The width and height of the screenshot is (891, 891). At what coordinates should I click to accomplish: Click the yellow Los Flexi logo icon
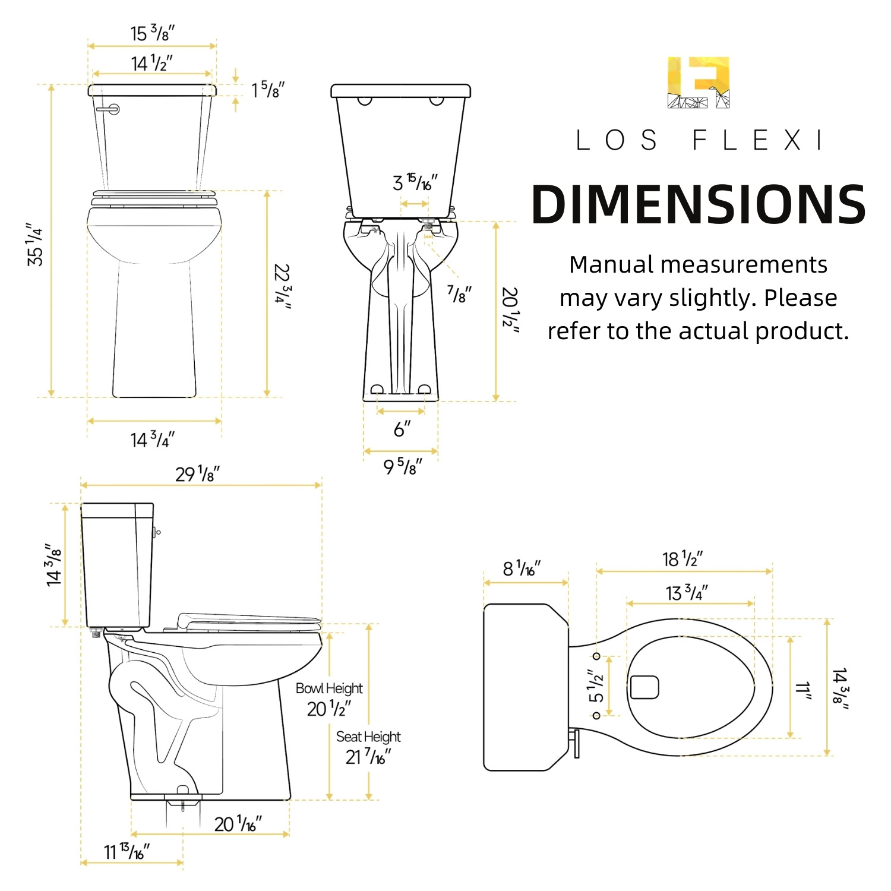coord(699,82)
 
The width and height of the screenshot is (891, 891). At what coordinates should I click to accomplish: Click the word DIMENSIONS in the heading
coord(699,205)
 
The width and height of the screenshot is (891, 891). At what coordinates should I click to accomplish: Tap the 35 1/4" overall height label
coord(35,244)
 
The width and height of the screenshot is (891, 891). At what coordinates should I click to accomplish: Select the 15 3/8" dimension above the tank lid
coord(153,33)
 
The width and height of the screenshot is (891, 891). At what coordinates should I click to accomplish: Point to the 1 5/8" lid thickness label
coord(268,90)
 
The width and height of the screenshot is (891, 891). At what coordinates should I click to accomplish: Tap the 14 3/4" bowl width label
coord(153,440)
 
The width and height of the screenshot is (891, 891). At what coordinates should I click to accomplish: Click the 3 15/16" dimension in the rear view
coord(415,182)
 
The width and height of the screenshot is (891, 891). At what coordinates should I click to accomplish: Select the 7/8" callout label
coord(459,293)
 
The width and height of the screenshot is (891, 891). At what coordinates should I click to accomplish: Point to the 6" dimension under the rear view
coord(402,428)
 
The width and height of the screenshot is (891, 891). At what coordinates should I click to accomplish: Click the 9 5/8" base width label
coord(402,466)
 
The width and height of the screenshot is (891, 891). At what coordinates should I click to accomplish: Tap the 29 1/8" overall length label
coord(197,474)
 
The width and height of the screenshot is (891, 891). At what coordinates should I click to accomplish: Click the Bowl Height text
coord(329,688)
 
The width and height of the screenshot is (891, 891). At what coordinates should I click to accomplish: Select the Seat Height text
coord(368,737)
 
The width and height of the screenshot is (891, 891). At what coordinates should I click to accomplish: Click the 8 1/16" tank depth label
coord(522,568)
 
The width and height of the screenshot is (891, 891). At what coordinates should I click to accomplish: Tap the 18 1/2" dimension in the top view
coord(683,559)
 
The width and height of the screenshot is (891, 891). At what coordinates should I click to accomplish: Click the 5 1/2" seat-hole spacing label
coord(596,685)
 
